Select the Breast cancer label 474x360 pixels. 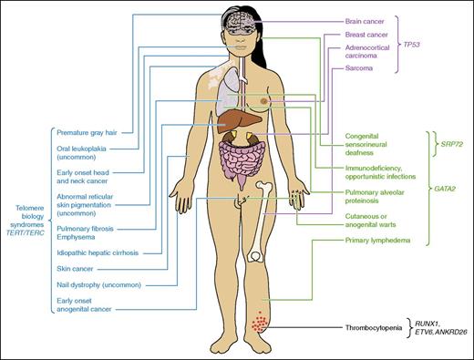[345, 36]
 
